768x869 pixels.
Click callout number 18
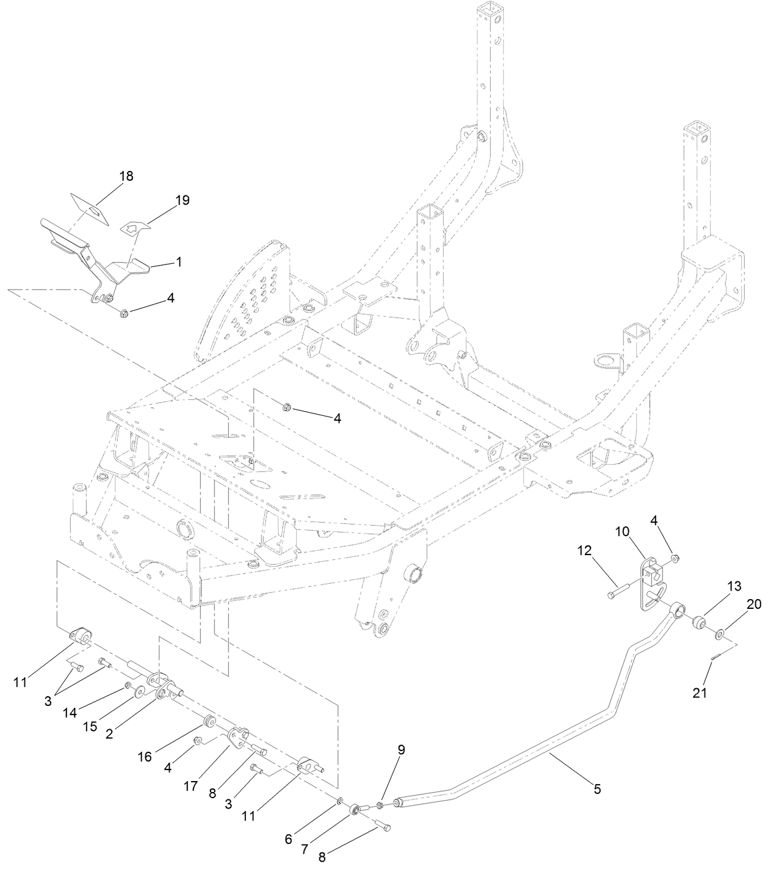pos(126,176)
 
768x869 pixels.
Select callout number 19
pos(182,200)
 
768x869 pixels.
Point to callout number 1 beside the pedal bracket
pos(179,261)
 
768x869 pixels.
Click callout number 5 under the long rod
pos(596,789)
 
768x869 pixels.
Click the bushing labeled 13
pos(698,623)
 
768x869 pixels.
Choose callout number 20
pos(754,604)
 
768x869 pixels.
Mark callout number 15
pos(90,727)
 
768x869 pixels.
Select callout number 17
pos(191,787)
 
